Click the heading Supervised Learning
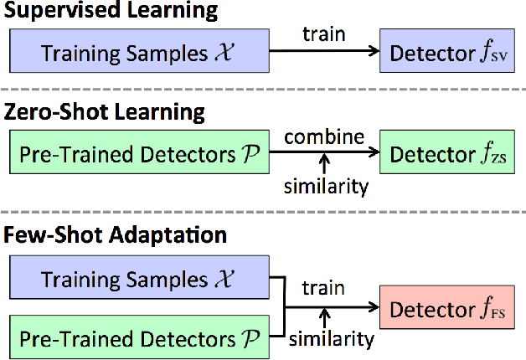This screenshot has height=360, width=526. pyautogui.click(x=112, y=12)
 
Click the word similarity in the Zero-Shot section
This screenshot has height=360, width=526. pyautogui.click(x=326, y=186)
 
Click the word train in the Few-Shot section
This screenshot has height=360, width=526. pyautogui.click(x=324, y=289)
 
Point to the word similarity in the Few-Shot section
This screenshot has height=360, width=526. pyautogui.click(x=331, y=339)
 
